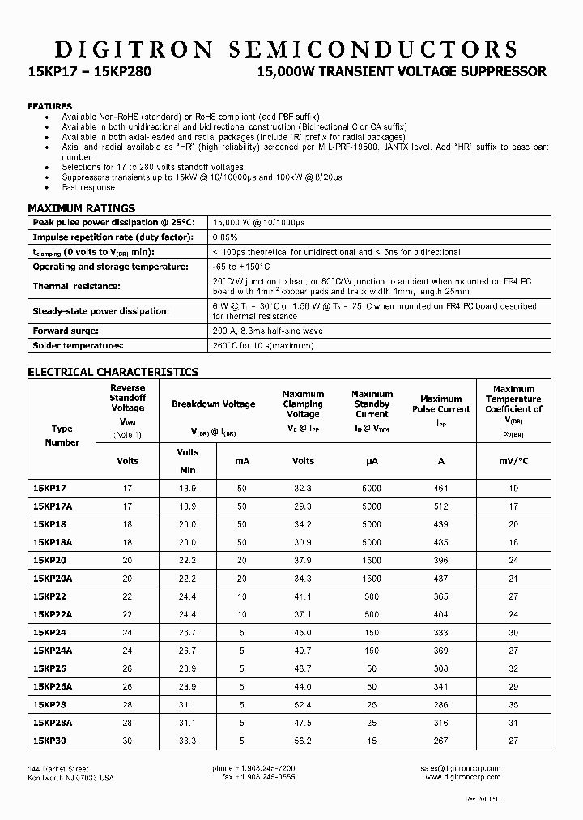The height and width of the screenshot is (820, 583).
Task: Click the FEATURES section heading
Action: (x=49, y=106)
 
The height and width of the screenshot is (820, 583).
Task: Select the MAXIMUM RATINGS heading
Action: (x=81, y=208)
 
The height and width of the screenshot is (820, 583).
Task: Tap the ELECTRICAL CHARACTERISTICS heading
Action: (x=113, y=372)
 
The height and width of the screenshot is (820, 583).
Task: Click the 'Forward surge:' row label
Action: (x=66, y=331)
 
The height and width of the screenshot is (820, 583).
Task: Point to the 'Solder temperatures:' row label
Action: (x=78, y=345)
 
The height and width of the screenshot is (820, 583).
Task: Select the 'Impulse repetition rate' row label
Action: (x=112, y=237)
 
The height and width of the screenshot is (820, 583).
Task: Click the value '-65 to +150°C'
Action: (x=240, y=267)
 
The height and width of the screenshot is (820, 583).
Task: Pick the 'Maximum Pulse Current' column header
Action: (x=440, y=404)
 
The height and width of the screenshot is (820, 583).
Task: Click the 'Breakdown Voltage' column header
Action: (x=213, y=404)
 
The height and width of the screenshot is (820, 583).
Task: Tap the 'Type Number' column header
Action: (x=62, y=436)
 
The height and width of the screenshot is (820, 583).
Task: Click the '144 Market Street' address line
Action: (x=57, y=768)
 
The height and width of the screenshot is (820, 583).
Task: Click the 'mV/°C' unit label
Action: (x=513, y=461)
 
